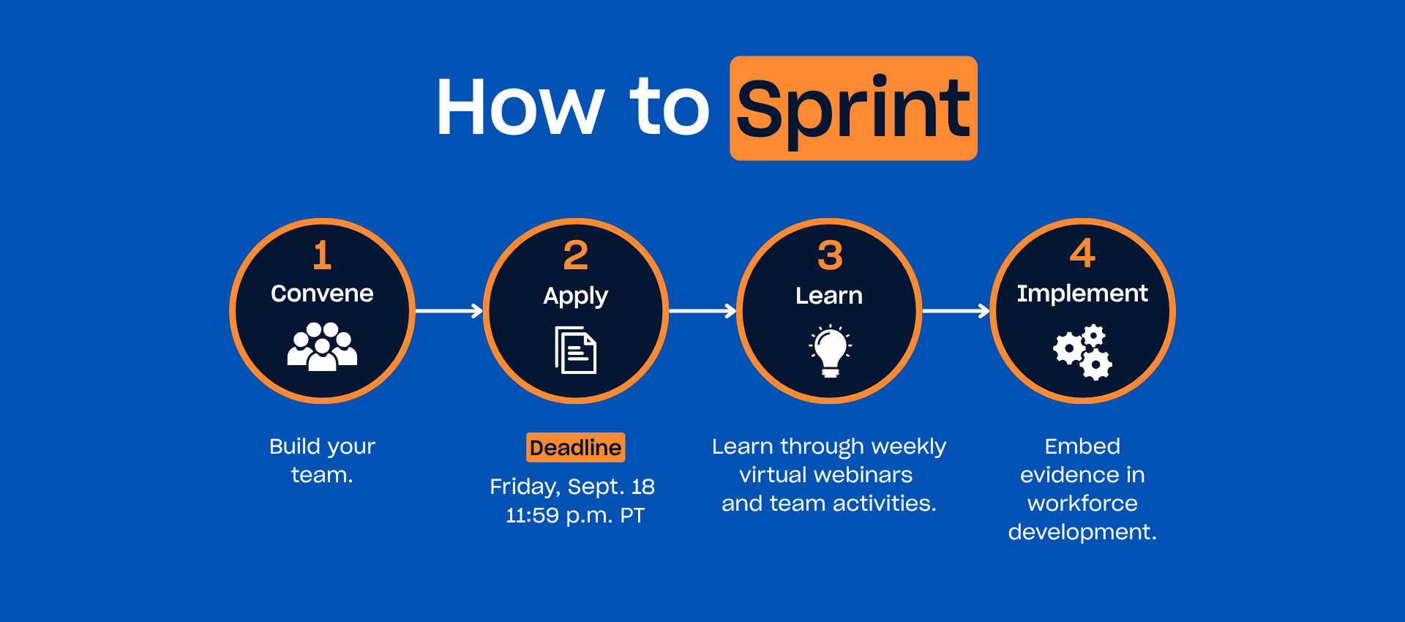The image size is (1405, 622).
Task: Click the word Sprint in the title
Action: [x=853, y=110]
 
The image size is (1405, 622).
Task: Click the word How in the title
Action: [x=520, y=107]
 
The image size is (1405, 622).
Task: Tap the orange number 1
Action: [x=322, y=255]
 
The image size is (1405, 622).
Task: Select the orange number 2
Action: [x=576, y=255]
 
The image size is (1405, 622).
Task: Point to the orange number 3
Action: [x=830, y=255]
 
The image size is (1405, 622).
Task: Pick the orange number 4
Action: [x=1083, y=253]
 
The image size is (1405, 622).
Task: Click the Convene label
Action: [x=322, y=293]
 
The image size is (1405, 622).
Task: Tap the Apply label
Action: [x=576, y=296]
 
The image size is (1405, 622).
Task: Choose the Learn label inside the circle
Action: [x=829, y=295]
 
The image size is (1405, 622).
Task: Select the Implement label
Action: [x=1082, y=293]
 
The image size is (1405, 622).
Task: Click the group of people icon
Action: [x=322, y=346]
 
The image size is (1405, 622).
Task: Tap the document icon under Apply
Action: [x=576, y=350]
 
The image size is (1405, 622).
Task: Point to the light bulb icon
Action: [x=830, y=351]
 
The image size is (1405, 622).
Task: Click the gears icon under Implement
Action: [x=1083, y=352]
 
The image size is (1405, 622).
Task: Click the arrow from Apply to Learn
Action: [x=702, y=311]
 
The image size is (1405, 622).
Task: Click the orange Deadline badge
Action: [x=576, y=447]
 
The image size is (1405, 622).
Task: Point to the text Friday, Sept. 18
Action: [x=572, y=487]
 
